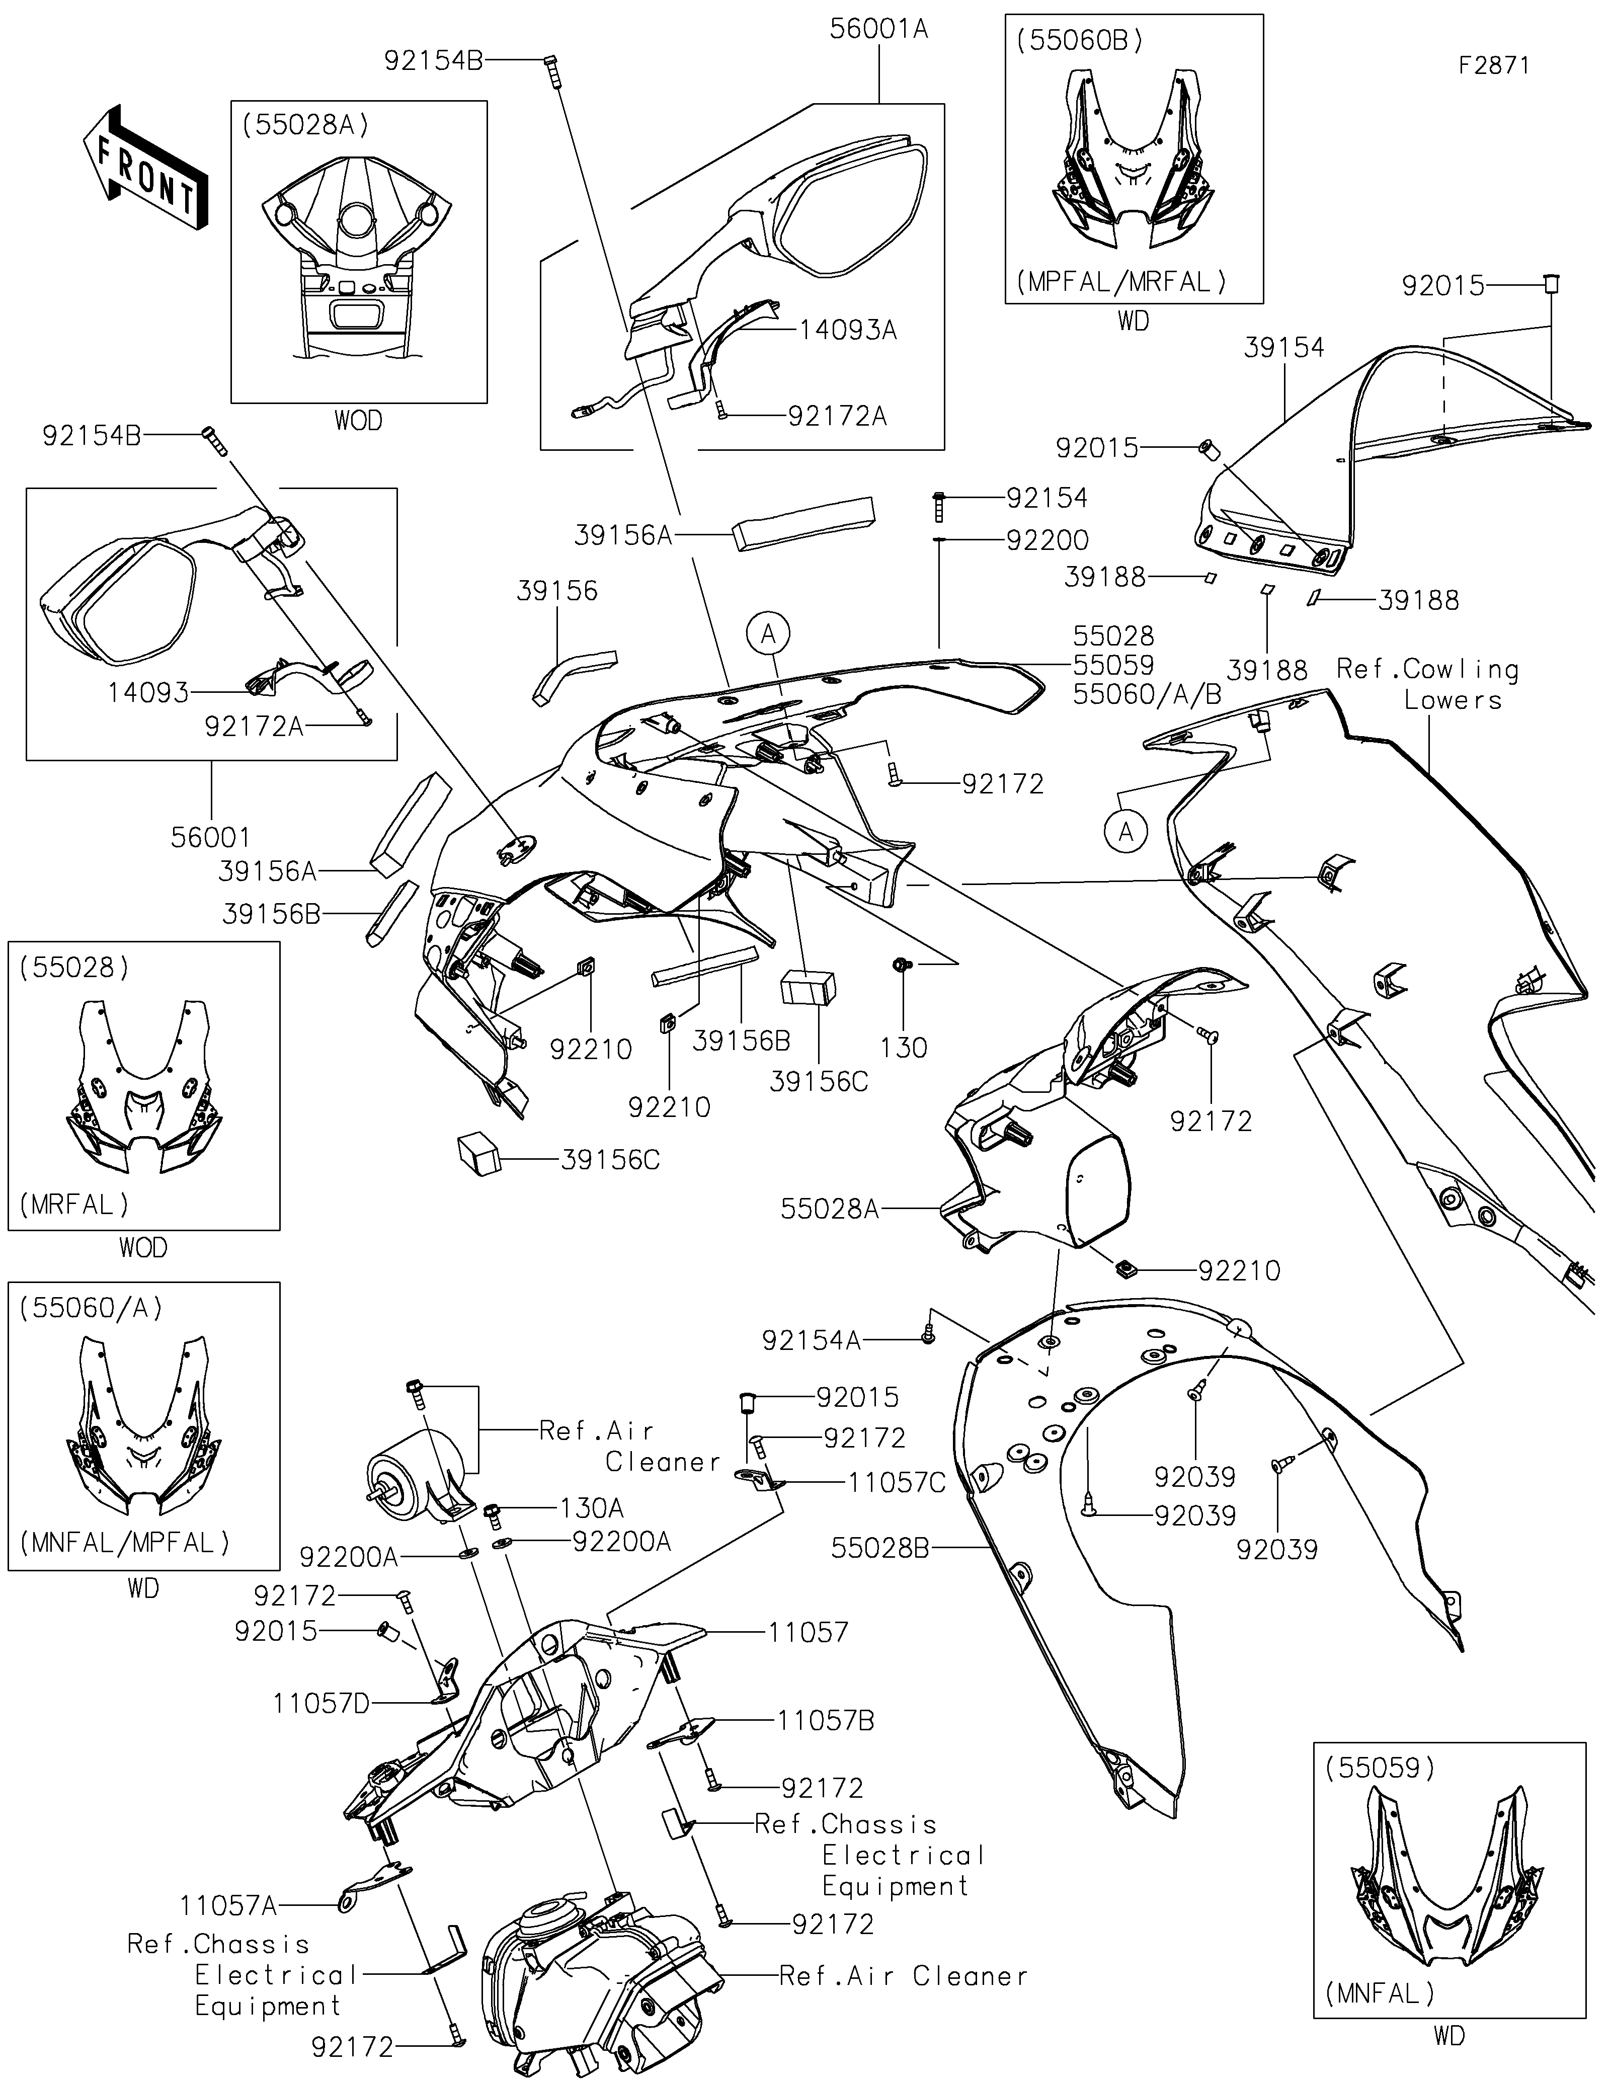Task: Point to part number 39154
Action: click(x=1283, y=348)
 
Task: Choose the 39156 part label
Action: click(x=557, y=591)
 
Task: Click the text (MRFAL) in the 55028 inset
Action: click(x=73, y=1204)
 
